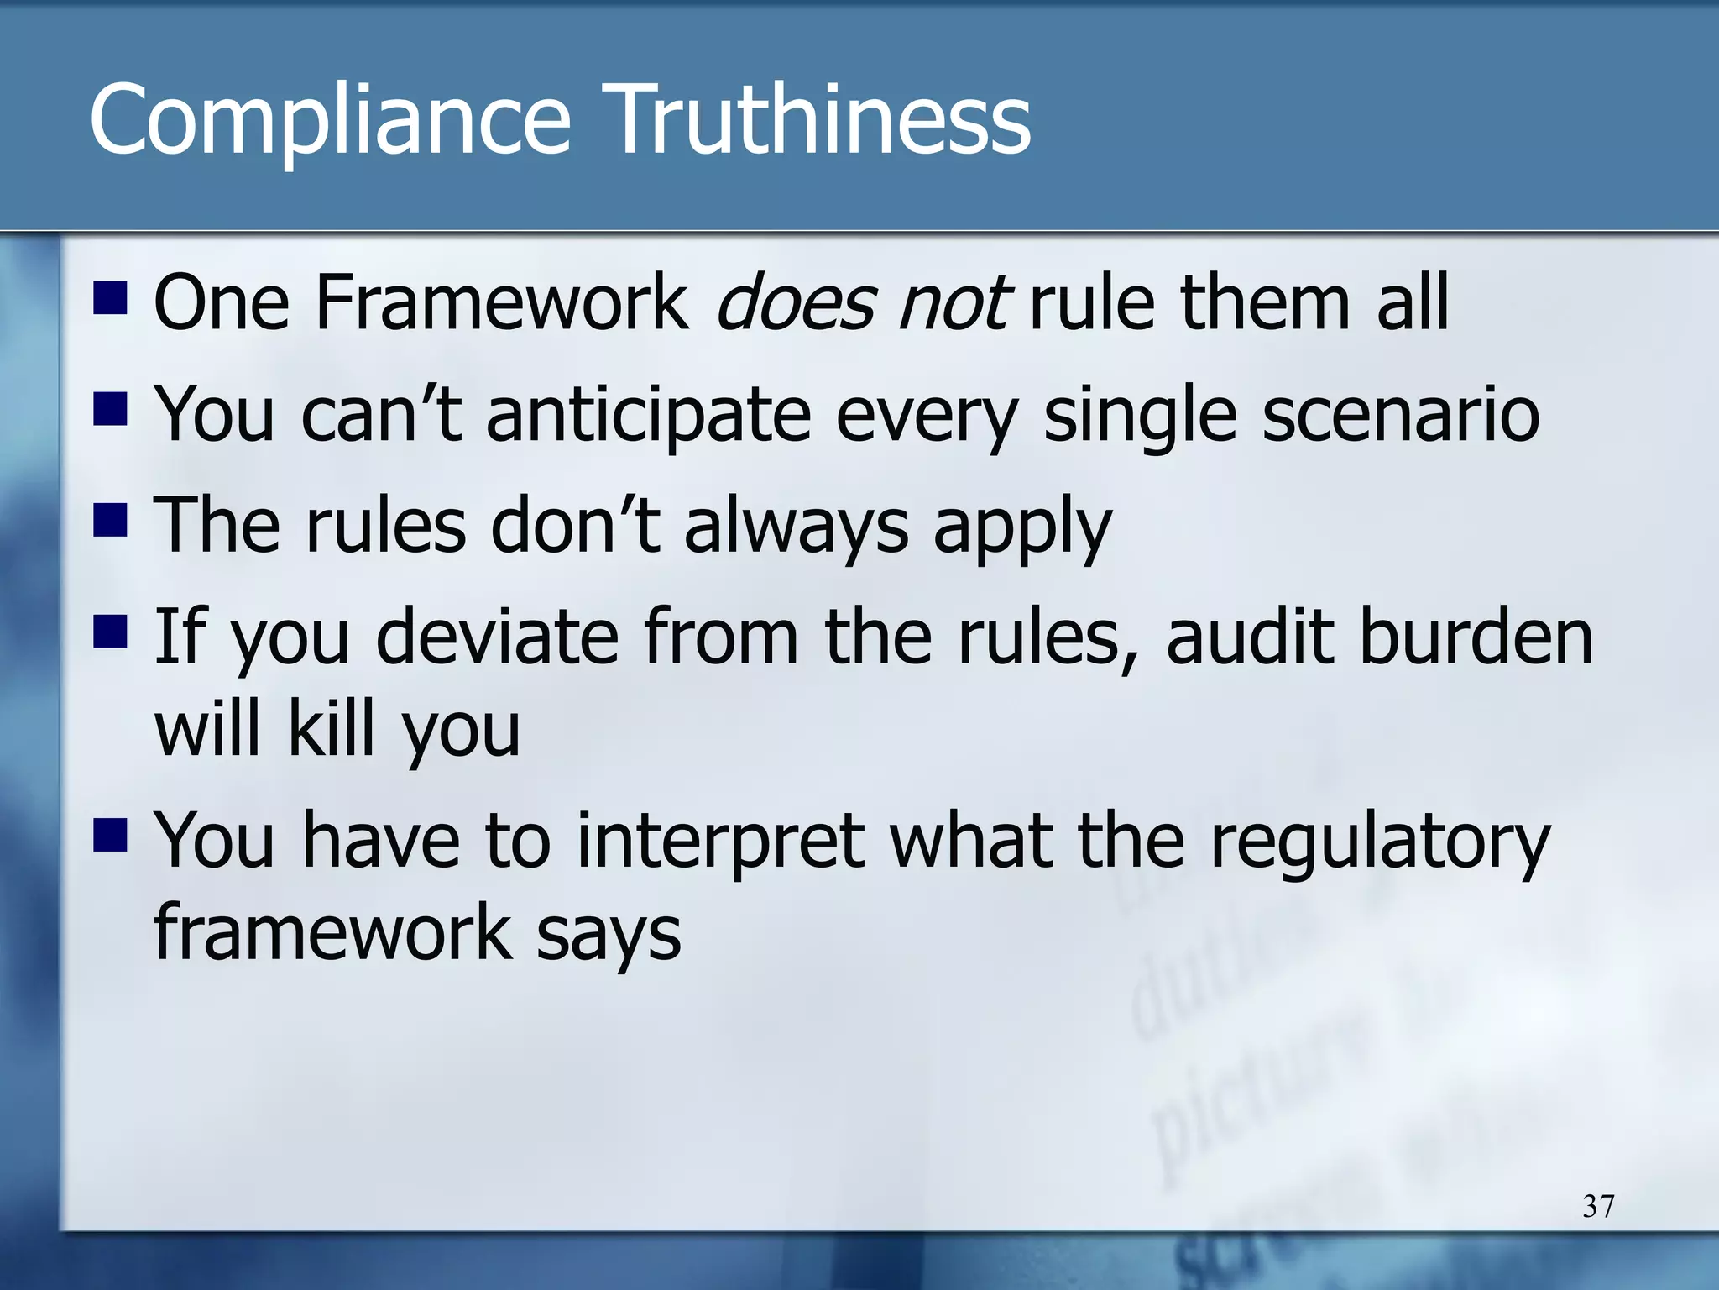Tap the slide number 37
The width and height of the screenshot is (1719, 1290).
tap(1598, 1206)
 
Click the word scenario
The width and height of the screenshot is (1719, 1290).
tap(1400, 414)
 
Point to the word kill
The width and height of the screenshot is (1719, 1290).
tap(330, 729)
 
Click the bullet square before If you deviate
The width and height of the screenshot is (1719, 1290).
tap(110, 631)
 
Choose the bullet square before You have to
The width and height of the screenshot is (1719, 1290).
tap(110, 835)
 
